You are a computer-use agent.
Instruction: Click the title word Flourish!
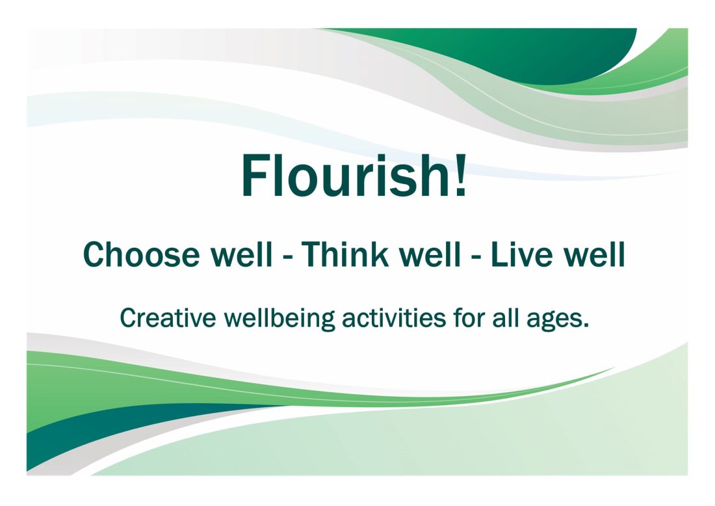[x=354, y=176]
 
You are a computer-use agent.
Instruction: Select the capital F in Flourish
[x=257, y=176]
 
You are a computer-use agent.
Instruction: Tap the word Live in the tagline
[x=517, y=255]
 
